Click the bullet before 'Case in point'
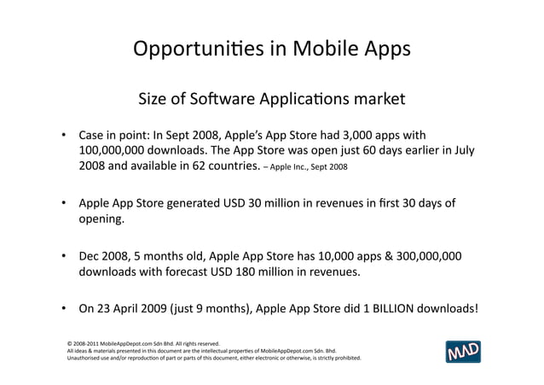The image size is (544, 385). [63, 136]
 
